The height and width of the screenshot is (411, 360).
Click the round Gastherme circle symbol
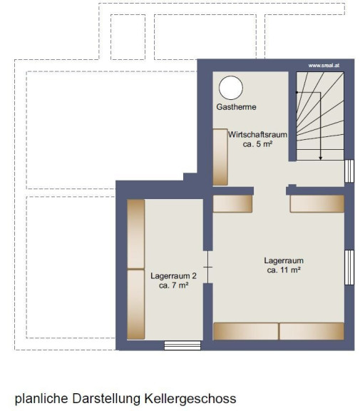coord(231,88)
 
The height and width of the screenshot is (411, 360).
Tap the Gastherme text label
coord(236,107)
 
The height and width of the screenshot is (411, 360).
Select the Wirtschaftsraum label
coord(257,135)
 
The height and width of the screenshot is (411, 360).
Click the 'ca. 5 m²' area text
coord(258,144)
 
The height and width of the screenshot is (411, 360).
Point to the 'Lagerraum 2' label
coord(174,275)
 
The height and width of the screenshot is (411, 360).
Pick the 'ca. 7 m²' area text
coord(174,285)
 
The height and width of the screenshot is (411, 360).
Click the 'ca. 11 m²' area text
coord(284,270)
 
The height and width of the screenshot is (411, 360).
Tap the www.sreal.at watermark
coord(324,66)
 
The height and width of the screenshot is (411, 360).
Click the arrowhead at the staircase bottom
coord(321,158)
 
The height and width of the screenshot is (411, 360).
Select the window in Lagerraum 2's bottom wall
coord(182,345)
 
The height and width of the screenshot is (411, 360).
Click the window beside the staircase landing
coord(349,171)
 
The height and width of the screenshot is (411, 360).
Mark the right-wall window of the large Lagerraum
coord(349,268)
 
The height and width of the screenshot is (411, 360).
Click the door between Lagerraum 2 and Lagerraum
coord(208,267)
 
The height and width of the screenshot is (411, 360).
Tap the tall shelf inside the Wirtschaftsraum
coord(220,157)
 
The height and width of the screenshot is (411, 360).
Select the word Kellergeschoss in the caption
coord(190,399)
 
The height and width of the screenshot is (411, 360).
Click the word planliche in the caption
coord(41,399)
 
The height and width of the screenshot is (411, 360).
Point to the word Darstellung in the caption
coord(106,398)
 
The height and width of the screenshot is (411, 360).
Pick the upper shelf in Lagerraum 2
coord(136,234)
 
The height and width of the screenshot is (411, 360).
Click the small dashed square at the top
coord(128,37)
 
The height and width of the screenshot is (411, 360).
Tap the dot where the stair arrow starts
coord(297,92)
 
